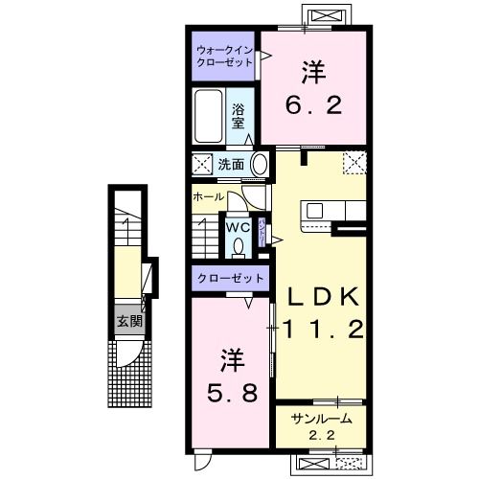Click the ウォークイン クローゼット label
tap(224, 55)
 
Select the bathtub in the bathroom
tap(209, 116)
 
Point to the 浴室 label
tap(239, 116)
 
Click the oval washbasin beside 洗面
tap(259, 164)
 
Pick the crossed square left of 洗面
tap(202, 163)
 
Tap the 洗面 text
tap(231, 164)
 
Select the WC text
tap(238, 227)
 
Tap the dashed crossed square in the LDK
tap(354, 163)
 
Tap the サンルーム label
tap(322, 418)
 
